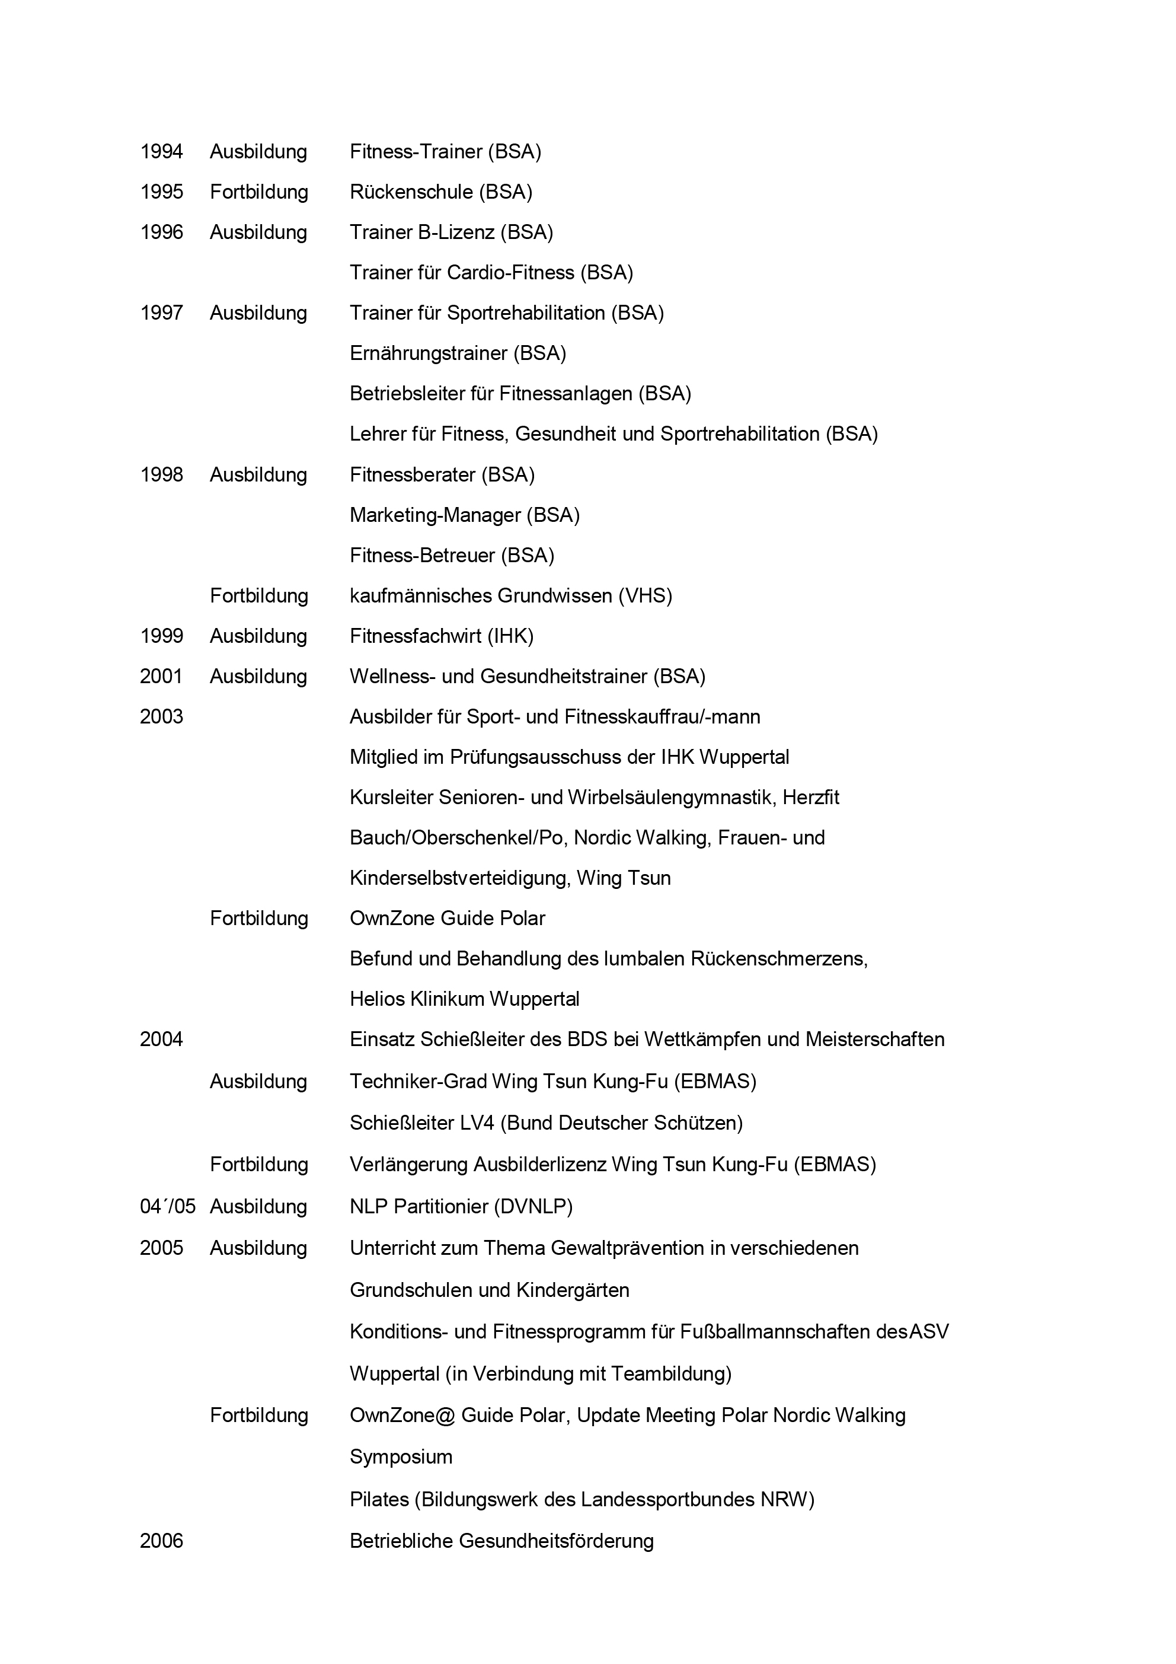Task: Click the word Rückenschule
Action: click(x=411, y=192)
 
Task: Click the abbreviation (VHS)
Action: click(x=645, y=596)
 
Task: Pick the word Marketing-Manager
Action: click(x=434, y=515)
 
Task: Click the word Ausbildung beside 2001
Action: click(x=258, y=677)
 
